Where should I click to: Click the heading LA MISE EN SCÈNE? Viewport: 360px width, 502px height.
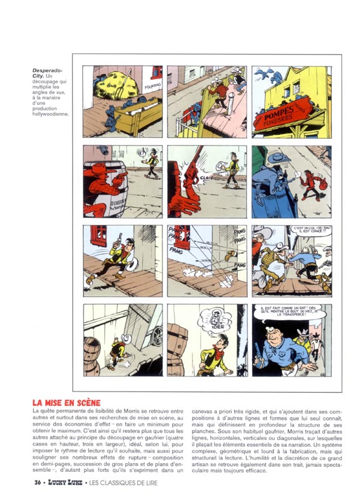(66, 402)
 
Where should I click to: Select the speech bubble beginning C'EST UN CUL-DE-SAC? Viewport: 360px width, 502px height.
(312, 234)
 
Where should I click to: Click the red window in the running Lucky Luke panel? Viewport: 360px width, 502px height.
(97, 236)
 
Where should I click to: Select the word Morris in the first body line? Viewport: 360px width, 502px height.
(133, 410)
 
